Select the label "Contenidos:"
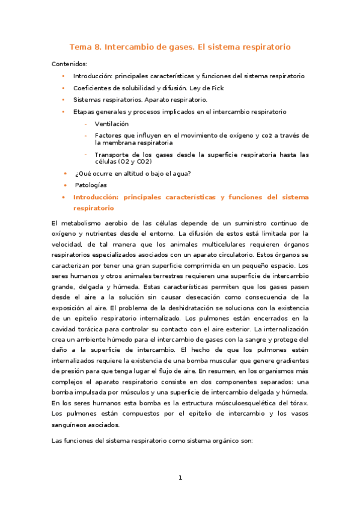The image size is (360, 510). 69,64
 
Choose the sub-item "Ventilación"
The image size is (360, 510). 112,123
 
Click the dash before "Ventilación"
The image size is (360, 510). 86,123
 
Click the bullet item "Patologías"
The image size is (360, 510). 91,185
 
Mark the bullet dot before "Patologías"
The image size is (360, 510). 65,185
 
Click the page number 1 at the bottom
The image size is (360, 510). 180,478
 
